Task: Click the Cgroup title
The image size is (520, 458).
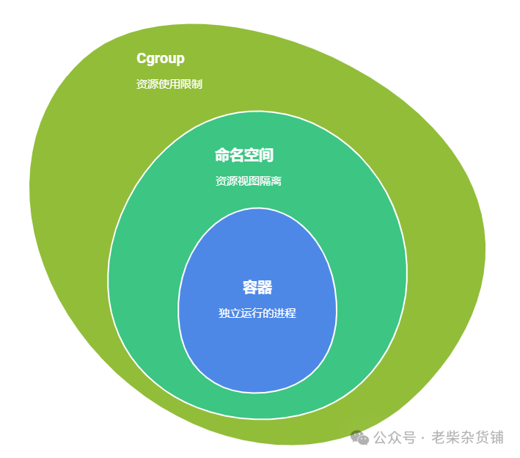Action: (x=161, y=59)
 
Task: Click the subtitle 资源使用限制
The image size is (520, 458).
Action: (x=169, y=84)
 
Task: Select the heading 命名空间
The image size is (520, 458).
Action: (x=243, y=156)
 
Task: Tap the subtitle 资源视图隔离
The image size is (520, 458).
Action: (x=248, y=181)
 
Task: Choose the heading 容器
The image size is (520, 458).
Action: (x=257, y=288)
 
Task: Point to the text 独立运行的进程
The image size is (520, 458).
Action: (x=257, y=313)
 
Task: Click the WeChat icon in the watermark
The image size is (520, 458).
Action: (x=360, y=438)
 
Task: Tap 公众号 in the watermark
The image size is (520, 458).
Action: (x=395, y=438)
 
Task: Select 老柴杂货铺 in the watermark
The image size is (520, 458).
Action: (x=468, y=438)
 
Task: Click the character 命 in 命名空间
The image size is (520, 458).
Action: (x=221, y=156)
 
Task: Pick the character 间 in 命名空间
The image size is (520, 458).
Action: (x=266, y=156)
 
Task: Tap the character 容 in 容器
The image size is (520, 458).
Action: (x=250, y=288)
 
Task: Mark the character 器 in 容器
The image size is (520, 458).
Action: (x=266, y=288)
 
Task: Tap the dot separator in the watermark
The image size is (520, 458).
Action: (x=424, y=438)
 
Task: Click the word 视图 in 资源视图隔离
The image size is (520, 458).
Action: (x=248, y=181)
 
